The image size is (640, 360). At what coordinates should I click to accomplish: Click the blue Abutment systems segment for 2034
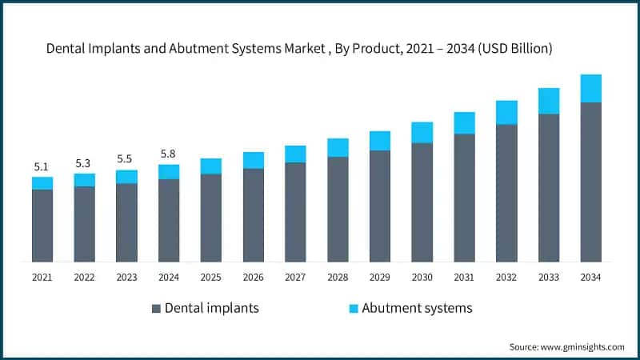click(590, 88)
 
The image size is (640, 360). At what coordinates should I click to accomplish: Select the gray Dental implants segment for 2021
click(42, 226)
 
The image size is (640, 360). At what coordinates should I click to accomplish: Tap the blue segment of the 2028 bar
click(338, 148)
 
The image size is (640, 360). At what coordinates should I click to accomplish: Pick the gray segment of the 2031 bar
click(464, 198)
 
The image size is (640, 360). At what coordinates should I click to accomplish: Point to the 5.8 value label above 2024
click(168, 154)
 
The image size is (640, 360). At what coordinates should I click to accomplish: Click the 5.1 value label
click(42, 167)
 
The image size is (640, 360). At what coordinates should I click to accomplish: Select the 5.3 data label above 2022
click(83, 164)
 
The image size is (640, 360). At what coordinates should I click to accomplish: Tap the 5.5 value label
click(125, 158)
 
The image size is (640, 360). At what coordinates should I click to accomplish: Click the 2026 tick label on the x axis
click(253, 278)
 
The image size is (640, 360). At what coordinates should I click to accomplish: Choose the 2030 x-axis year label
click(422, 278)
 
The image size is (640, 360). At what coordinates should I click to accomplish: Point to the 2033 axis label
click(549, 278)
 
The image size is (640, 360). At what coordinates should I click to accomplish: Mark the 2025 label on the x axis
click(210, 278)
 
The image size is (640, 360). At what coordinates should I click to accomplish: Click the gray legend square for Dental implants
click(156, 309)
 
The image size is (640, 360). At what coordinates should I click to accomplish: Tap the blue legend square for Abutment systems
click(354, 309)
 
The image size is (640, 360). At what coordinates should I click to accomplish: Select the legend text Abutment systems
click(417, 308)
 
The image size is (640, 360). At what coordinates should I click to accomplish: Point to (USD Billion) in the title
click(515, 49)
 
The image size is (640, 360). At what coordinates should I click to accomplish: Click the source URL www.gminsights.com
click(582, 347)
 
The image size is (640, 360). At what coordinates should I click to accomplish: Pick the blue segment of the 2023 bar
click(126, 177)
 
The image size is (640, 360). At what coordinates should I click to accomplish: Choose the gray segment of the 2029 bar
click(380, 206)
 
